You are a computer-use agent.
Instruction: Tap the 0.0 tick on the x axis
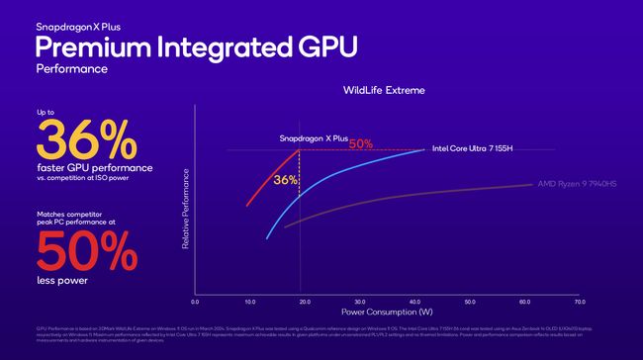[195, 302]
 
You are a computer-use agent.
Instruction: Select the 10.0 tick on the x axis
[249, 302]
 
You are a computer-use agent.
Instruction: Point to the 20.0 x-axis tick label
[305, 302]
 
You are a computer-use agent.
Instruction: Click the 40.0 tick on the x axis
[413, 302]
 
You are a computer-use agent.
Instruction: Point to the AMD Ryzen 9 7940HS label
[577, 184]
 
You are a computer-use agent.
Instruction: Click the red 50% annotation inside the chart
[360, 144]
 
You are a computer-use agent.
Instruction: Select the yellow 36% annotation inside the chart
[285, 180]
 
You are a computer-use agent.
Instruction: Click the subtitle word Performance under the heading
[72, 69]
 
